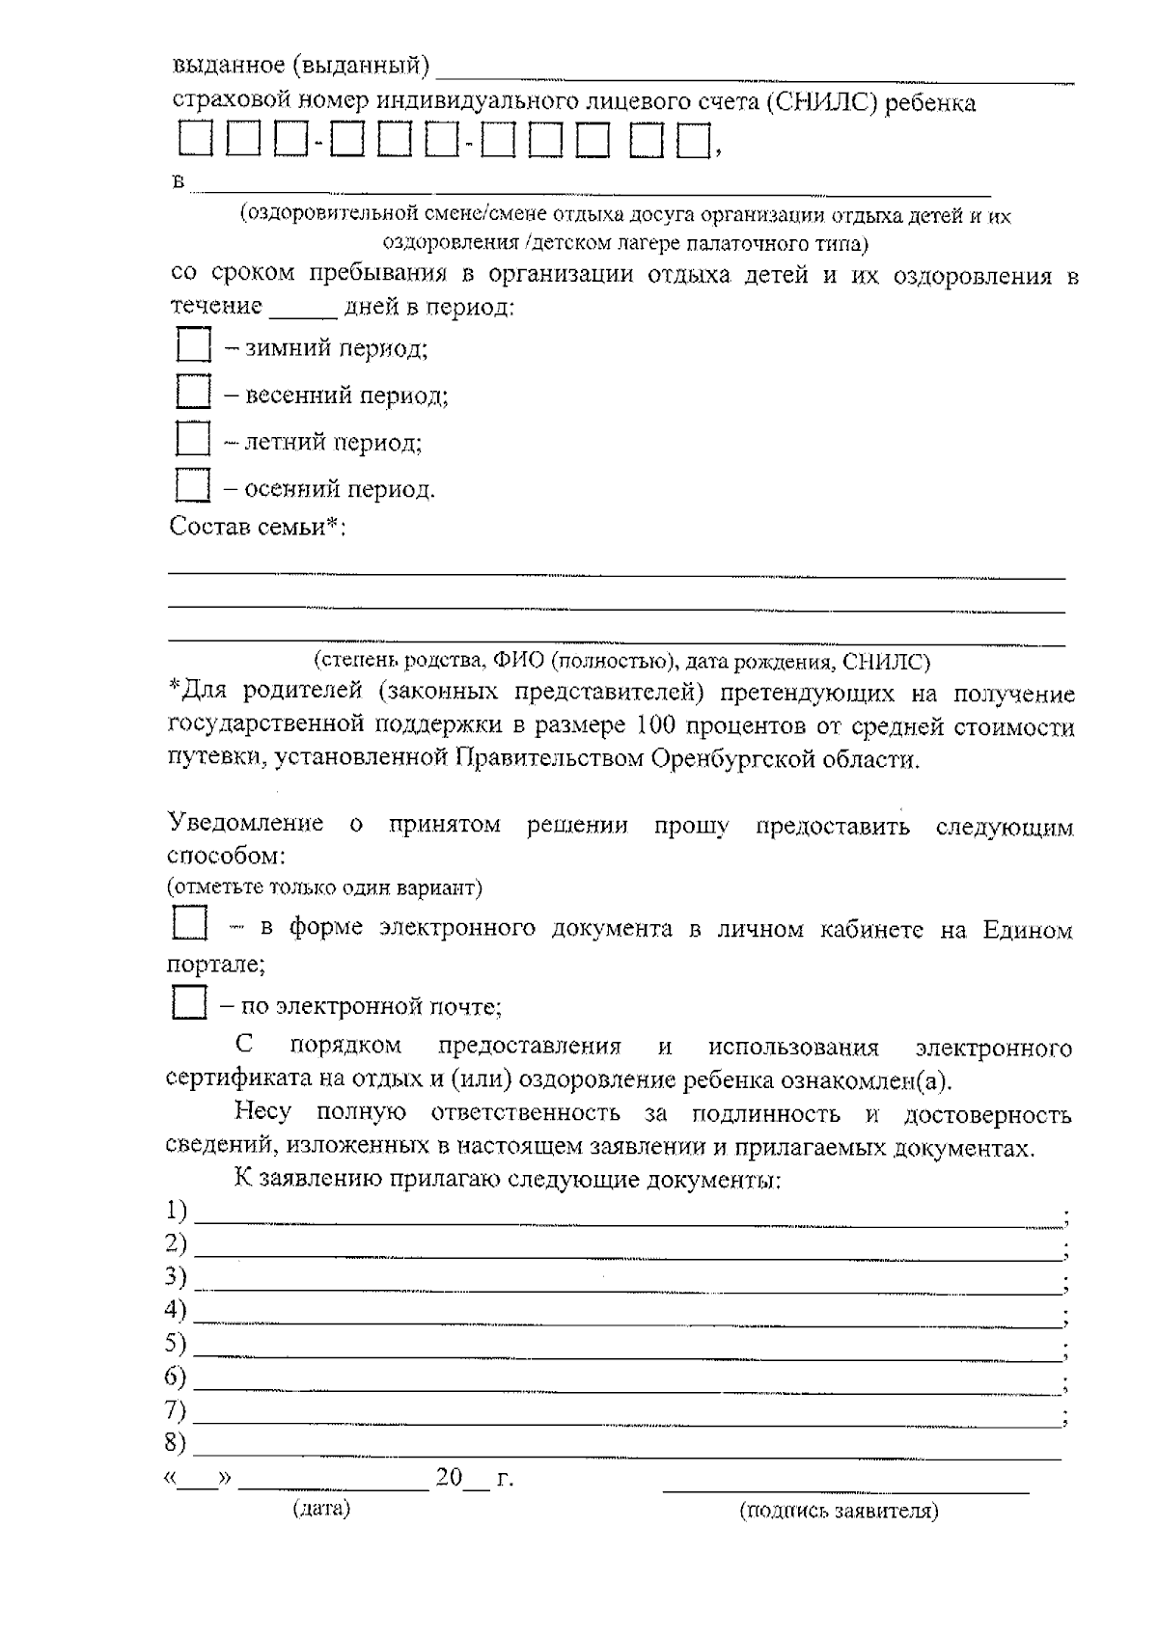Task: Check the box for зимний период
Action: click(194, 345)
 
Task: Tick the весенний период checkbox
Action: click(194, 393)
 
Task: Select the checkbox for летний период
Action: click(194, 439)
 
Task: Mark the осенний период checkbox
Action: click(194, 485)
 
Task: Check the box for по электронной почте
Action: click(190, 1003)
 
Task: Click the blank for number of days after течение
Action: click(303, 314)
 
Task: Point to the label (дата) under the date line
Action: click(321, 1509)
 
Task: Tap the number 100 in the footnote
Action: click(659, 725)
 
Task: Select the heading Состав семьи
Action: click(258, 528)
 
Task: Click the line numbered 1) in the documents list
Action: click(627, 1221)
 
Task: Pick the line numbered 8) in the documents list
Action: click(627, 1455)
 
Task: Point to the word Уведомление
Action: click(247, 824)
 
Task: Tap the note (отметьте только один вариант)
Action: click(325, 887)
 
